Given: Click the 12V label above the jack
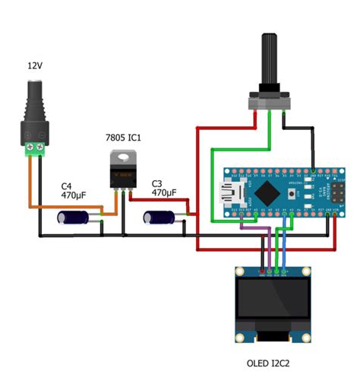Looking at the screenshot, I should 34,66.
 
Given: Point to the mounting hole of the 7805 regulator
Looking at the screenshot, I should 121,157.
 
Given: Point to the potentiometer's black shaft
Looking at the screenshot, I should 269,61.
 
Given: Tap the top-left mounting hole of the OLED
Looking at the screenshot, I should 239,271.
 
